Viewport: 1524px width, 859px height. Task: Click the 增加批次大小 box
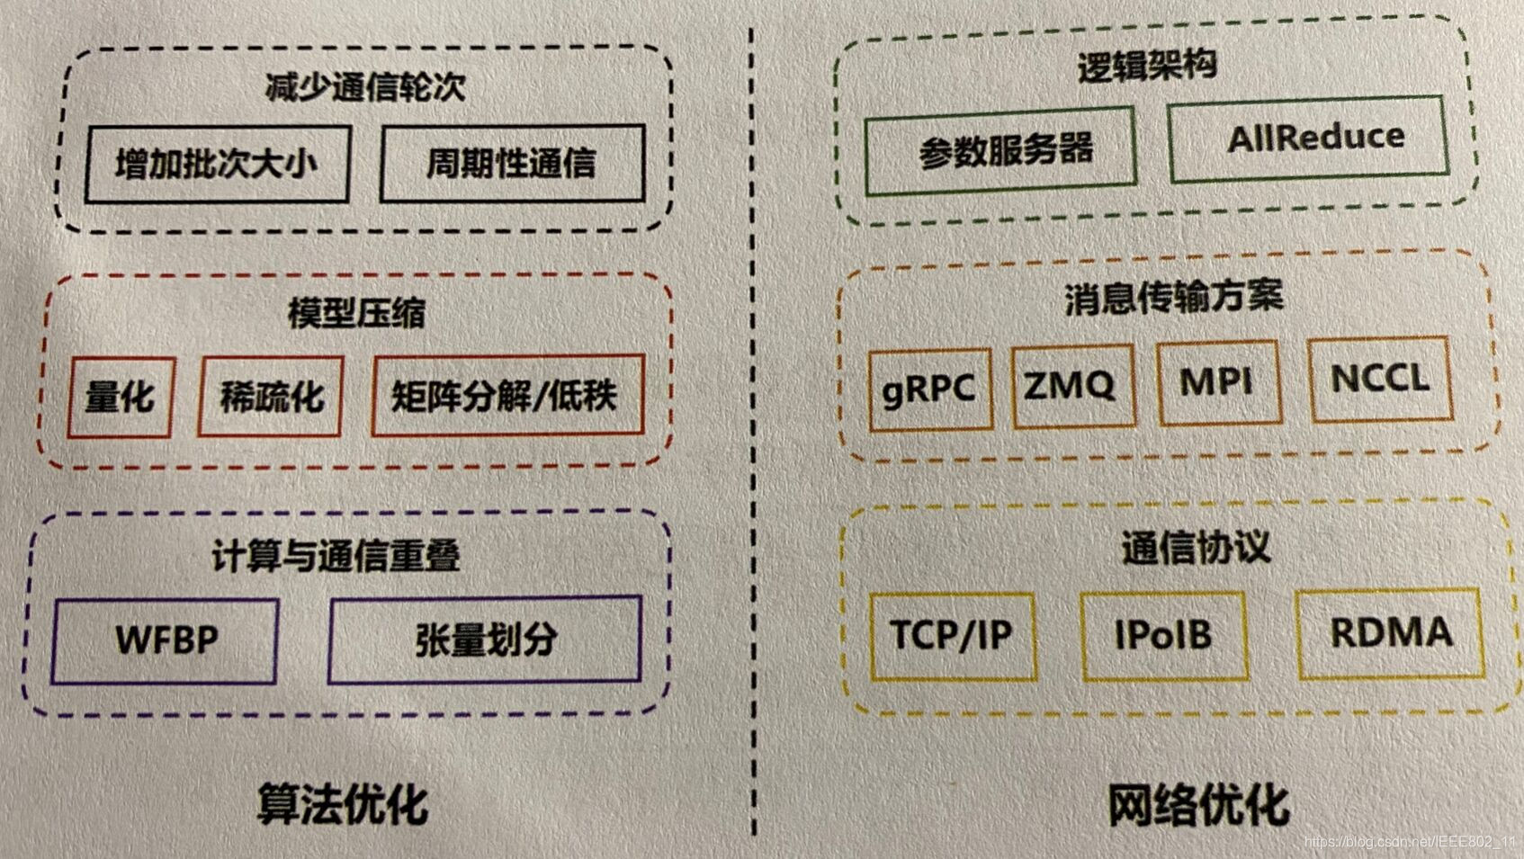pos(217,164)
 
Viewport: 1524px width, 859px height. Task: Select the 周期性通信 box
pos(512,163)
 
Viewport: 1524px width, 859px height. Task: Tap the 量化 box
pos(121,397)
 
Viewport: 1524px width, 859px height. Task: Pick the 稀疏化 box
pos(271,396)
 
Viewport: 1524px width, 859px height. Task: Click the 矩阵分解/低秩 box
pos(507,395)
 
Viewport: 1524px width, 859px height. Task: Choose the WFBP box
pos(166,640)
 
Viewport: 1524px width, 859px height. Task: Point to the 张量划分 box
pos(485,639)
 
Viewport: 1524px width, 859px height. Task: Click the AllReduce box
pos(1310,139)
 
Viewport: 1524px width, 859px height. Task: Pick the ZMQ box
pos(1071,385)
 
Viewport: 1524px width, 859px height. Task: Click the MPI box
pos(1218,382)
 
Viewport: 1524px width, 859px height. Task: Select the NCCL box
pos(1380,379)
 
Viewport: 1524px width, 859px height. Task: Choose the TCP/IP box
pos(952,635)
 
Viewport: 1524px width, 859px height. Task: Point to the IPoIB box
pos(1163,634)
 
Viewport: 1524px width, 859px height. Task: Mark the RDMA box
pos(1390,632)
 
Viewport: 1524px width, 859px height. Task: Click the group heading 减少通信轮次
pos(365,87)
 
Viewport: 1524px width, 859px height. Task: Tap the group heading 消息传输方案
pos(1173,297)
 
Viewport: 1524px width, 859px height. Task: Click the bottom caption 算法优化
pos(342,803)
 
